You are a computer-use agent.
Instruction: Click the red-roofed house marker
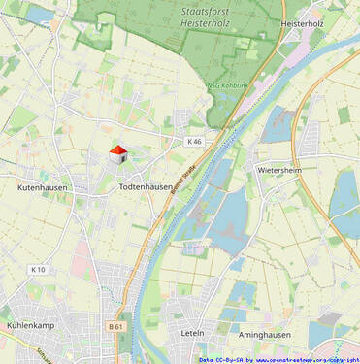pyautogui.click(x=118, y=154)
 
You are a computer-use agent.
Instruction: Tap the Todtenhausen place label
pyautogui.click(x=146, y=186)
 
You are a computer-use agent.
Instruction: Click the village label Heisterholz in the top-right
pyautogui.click(x=302, y=22)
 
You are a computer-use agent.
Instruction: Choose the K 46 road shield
pyautogui.click(x=195, y=142)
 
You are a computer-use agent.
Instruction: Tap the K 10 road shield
pyautogui.click(x=38, y=269)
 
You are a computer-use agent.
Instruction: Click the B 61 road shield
pyautogui.click(x=116, y=327)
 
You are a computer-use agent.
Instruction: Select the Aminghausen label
pyautogui.click(x=265, y=334)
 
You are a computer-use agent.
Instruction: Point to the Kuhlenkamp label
pyautogui.click(x=28, y=325)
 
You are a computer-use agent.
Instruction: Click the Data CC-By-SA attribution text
pyautogui.click(x=221, y=359)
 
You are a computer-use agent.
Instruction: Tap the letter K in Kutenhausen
pyautogui.click(x=20, y=186)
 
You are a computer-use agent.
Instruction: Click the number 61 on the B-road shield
pyautogui.click(x=120, y=327)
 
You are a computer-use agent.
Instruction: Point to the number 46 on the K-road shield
pyautogui.click(x=198, y=142)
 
